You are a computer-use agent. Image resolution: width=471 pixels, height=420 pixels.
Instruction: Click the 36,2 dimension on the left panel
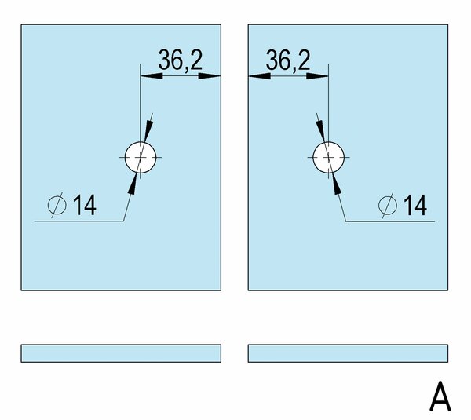pyautogui.click(x=181, y=60)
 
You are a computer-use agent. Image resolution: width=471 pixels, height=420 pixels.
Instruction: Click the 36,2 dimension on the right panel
pyautogui.click(x=288, y=60)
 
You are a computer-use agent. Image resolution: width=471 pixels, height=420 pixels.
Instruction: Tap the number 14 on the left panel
pyautogui.click(x=85, y=205)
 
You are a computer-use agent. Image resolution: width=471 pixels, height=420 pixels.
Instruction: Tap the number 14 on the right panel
pyautogui.click(x=414, y=205)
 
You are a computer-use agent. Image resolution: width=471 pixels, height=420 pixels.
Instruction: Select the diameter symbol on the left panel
pyautogui.click(x=57, y=205)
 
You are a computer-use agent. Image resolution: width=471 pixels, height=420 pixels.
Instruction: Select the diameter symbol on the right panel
pyautogui.click(x=388, y=205)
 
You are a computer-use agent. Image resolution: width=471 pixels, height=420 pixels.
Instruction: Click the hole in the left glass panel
pyautogui.click(x=141, y=158)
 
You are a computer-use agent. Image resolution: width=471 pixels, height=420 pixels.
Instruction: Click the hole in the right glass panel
pyautogui.click(x=329, y=158)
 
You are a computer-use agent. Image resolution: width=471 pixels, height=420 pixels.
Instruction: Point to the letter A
pyautogui.click(x=440, y=396)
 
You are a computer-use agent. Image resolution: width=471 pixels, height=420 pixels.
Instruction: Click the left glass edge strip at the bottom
pyautogui.click(x=121, y=353)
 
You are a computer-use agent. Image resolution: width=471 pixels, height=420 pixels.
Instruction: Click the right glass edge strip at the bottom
pyautogui.click(x=348, y=353)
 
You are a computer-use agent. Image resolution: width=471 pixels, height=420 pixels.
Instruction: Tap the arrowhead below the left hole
pyautogui.click(x=133, y=183)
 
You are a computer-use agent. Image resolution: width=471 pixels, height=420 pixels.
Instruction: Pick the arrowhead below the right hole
pyautogui.click(x=337, y=183)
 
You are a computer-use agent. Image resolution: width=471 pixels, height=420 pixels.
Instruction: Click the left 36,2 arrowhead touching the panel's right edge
pyautogui.click(x=210, y=76)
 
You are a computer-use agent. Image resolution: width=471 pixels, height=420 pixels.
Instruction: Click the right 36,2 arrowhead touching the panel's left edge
pyautogui.click(x=260, y=76)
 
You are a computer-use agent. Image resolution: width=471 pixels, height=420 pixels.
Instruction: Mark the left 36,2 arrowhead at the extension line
pyautogui.click(x=152, y=76)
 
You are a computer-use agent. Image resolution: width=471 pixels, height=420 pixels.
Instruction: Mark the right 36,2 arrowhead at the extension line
pyautogui.click(x=317, y=76)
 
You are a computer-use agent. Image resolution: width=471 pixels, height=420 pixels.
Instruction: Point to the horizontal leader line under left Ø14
pyautogui.click(x=79, y=221)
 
